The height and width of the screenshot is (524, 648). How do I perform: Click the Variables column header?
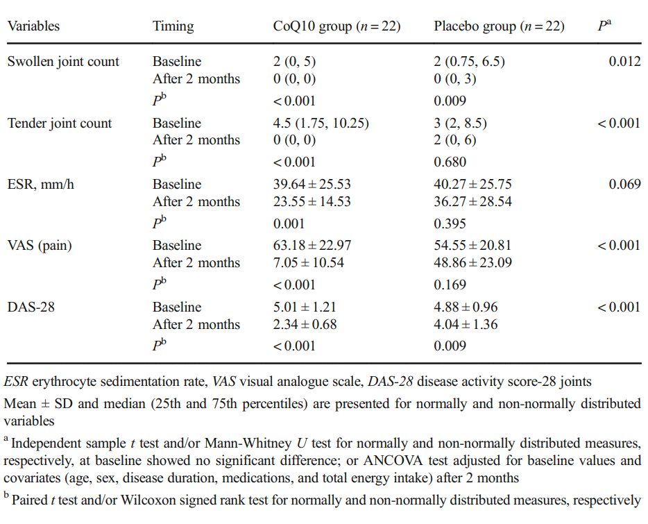point(33,26)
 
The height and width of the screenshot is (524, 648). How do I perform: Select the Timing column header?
point(173,26)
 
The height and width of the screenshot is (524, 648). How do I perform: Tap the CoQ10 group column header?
point(336,26)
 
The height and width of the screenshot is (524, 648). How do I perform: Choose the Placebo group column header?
point(499,26)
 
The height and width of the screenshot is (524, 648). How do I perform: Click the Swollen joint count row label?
point(63,62)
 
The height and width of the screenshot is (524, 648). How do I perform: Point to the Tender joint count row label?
point(60,124)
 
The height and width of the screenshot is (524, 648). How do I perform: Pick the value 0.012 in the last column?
point(624,62)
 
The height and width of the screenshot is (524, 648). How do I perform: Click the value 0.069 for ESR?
point(624,185)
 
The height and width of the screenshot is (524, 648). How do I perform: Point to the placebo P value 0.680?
point(451,162)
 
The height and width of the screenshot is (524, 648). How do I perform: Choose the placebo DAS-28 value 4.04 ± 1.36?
point(466,324)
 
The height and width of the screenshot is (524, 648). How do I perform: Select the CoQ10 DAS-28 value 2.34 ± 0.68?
point(305,324)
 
